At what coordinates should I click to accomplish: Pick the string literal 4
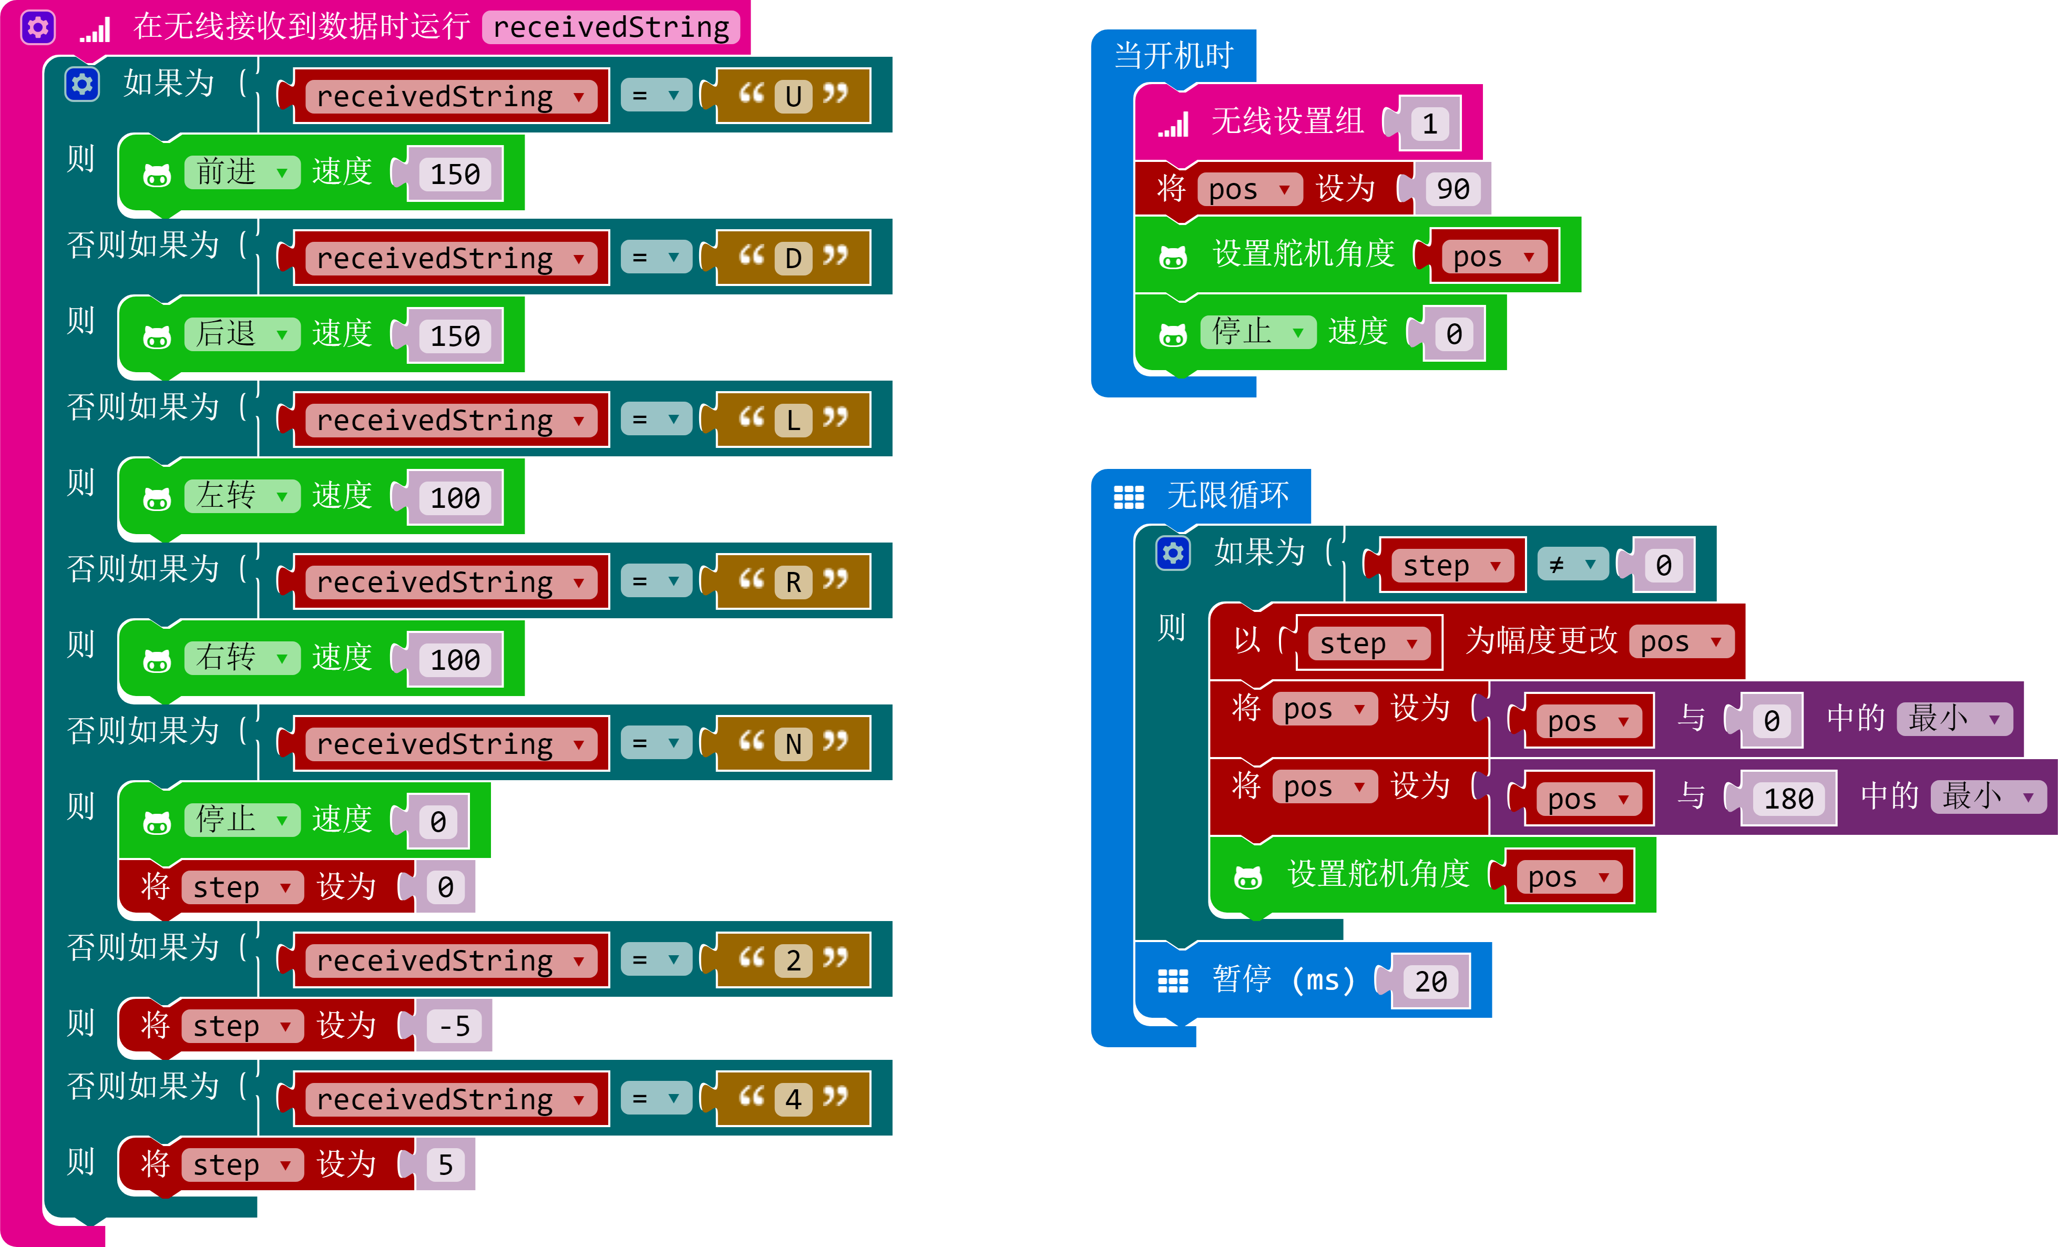[x=793, y=1100]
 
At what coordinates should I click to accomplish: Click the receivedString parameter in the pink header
[x=610, y=27]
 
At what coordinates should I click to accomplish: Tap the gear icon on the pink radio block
[x=37, y=27]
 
